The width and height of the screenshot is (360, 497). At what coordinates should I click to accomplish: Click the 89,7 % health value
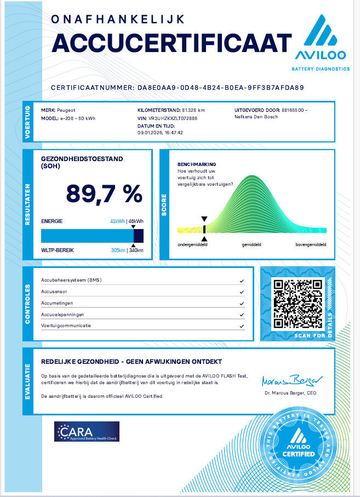[104, 193]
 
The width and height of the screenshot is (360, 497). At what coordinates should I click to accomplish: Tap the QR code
[297, 303]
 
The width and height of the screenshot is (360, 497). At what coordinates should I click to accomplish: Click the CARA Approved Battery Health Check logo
[87, 431]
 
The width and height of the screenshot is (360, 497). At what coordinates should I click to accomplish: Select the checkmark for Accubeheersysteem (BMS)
[242, 281]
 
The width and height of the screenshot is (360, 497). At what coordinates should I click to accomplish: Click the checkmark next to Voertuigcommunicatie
[242, 326]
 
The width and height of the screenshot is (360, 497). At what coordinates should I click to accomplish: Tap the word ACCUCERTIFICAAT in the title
[172, 43]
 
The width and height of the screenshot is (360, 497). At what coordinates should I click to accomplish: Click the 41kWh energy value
[117, 221]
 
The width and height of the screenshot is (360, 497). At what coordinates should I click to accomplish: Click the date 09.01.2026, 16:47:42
[160, 132]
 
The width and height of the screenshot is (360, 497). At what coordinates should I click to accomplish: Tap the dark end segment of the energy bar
[139, 236]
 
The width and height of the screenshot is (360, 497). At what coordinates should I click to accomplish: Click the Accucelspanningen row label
[63, 315]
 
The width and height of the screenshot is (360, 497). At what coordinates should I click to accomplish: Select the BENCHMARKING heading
[197, 164]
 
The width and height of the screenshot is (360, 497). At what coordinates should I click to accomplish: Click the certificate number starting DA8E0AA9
[219, 87]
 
